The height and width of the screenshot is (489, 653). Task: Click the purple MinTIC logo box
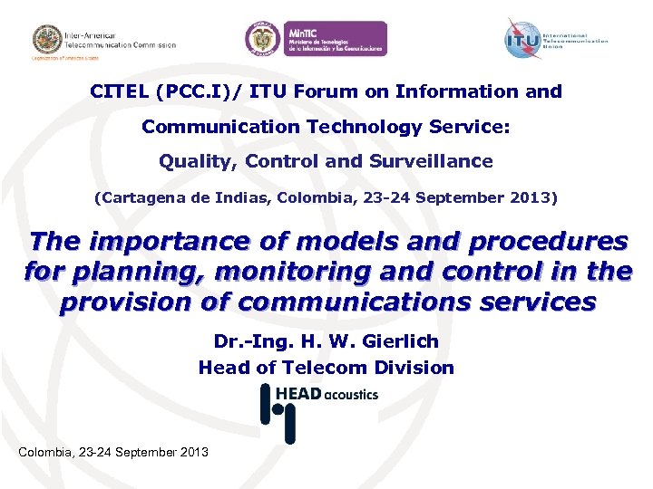pos(335,39)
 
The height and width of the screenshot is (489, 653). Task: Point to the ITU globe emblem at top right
pos(522,38)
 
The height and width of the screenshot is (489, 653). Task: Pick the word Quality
pos(190,162)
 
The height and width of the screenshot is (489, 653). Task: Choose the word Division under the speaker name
pos(412,368)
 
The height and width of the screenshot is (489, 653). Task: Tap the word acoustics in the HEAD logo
pos(351,394)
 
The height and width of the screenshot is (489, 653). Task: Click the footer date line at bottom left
pos(113,452)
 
